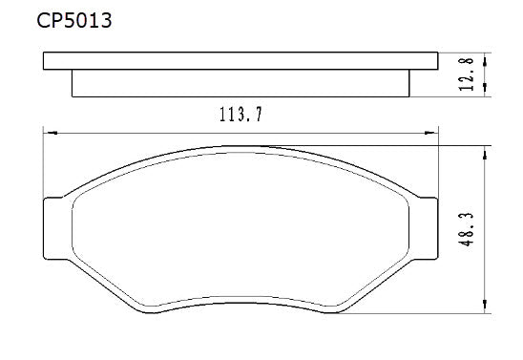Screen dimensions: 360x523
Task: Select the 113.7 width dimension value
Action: coord(241,116)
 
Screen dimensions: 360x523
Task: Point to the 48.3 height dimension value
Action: coord(468,229)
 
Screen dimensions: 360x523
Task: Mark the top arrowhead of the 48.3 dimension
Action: coord(488,151)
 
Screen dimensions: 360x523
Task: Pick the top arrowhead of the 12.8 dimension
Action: coord(488,58)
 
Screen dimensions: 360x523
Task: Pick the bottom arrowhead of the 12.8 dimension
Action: coord(488,92)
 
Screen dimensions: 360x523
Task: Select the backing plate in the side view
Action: coord(239,61)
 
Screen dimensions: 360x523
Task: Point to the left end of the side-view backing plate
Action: coord(46,61)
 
